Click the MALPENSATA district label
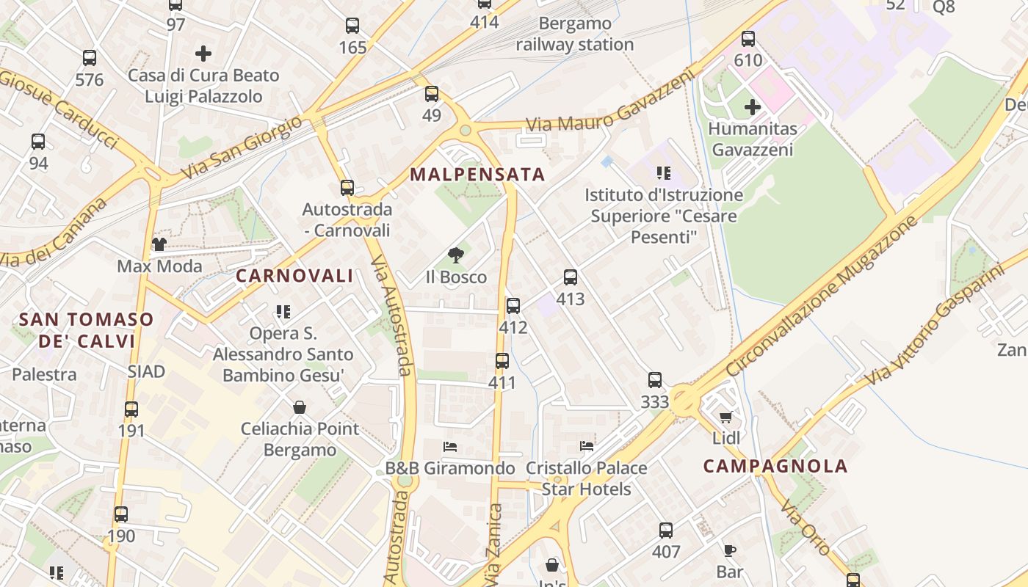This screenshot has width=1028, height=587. (477, 175)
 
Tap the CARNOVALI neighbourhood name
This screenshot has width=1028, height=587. (294, 276)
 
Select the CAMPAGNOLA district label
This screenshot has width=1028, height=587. (775, 466)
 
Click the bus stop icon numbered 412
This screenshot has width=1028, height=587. (513, 306)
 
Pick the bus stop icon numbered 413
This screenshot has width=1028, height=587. (571, 277)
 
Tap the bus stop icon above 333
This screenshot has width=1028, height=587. (655, 380)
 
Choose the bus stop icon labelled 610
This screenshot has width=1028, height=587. (748, 39)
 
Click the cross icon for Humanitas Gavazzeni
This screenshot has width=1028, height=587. (753, 107)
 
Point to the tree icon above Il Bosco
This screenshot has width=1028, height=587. (456, 255)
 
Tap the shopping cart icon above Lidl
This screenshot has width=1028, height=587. (726, 417)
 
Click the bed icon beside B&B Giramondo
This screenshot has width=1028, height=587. (450, 446)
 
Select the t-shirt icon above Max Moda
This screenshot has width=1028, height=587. (159, 244)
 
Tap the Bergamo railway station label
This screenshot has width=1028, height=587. (575, 34)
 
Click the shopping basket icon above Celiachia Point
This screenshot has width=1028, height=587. (300, 406)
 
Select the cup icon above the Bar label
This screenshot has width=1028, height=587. (730, 550)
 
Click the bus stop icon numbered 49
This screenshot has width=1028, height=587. (432, 94)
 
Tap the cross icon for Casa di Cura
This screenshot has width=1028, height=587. (203, 54)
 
